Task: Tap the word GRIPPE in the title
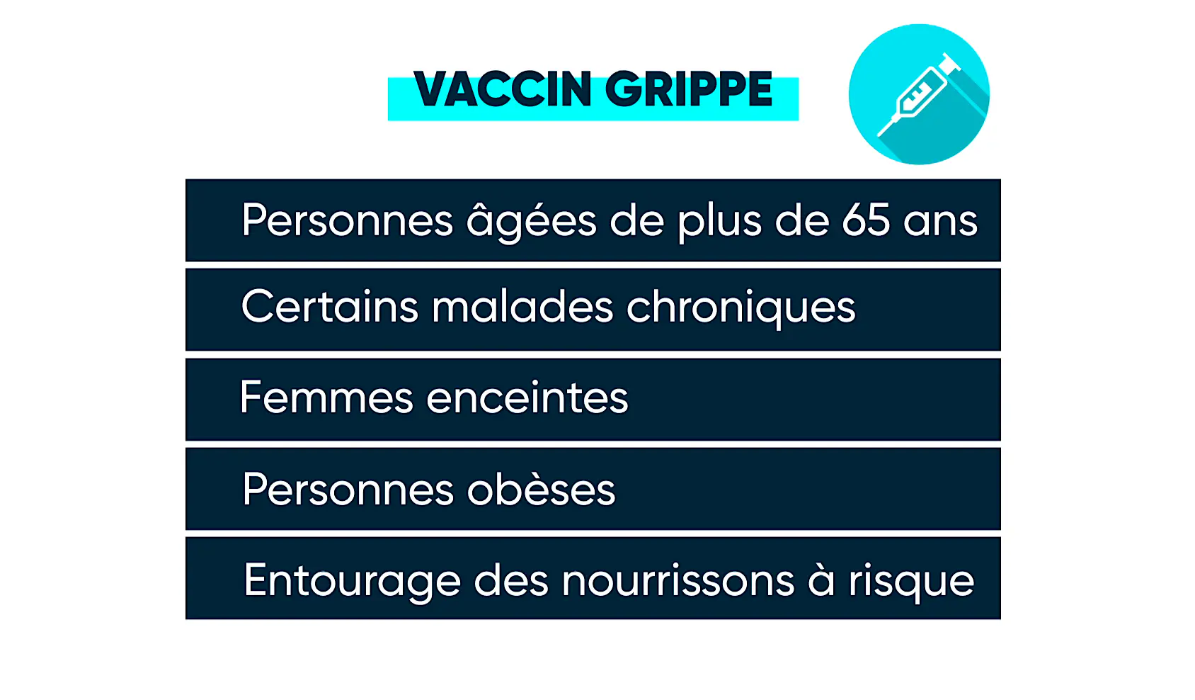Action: coord(689,89)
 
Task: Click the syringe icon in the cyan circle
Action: coord(919,94)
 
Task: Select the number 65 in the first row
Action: coord(866,220)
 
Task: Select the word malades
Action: coord(522,307)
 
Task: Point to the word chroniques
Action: coord(741,309)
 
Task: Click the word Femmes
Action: coord(326,397)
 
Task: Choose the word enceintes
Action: coord(527,398)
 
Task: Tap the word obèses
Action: coord(541,489)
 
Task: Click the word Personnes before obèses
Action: coord(348,489)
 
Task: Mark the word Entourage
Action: coord(352,582)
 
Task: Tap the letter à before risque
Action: coord(821,579)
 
